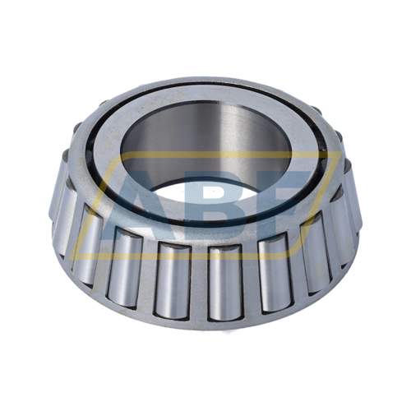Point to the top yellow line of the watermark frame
click(x=205, y=154)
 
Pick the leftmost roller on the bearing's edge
click(x=62, y=205)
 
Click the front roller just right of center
click(x=226, y=275)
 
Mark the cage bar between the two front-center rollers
click(x=200, y=275)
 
